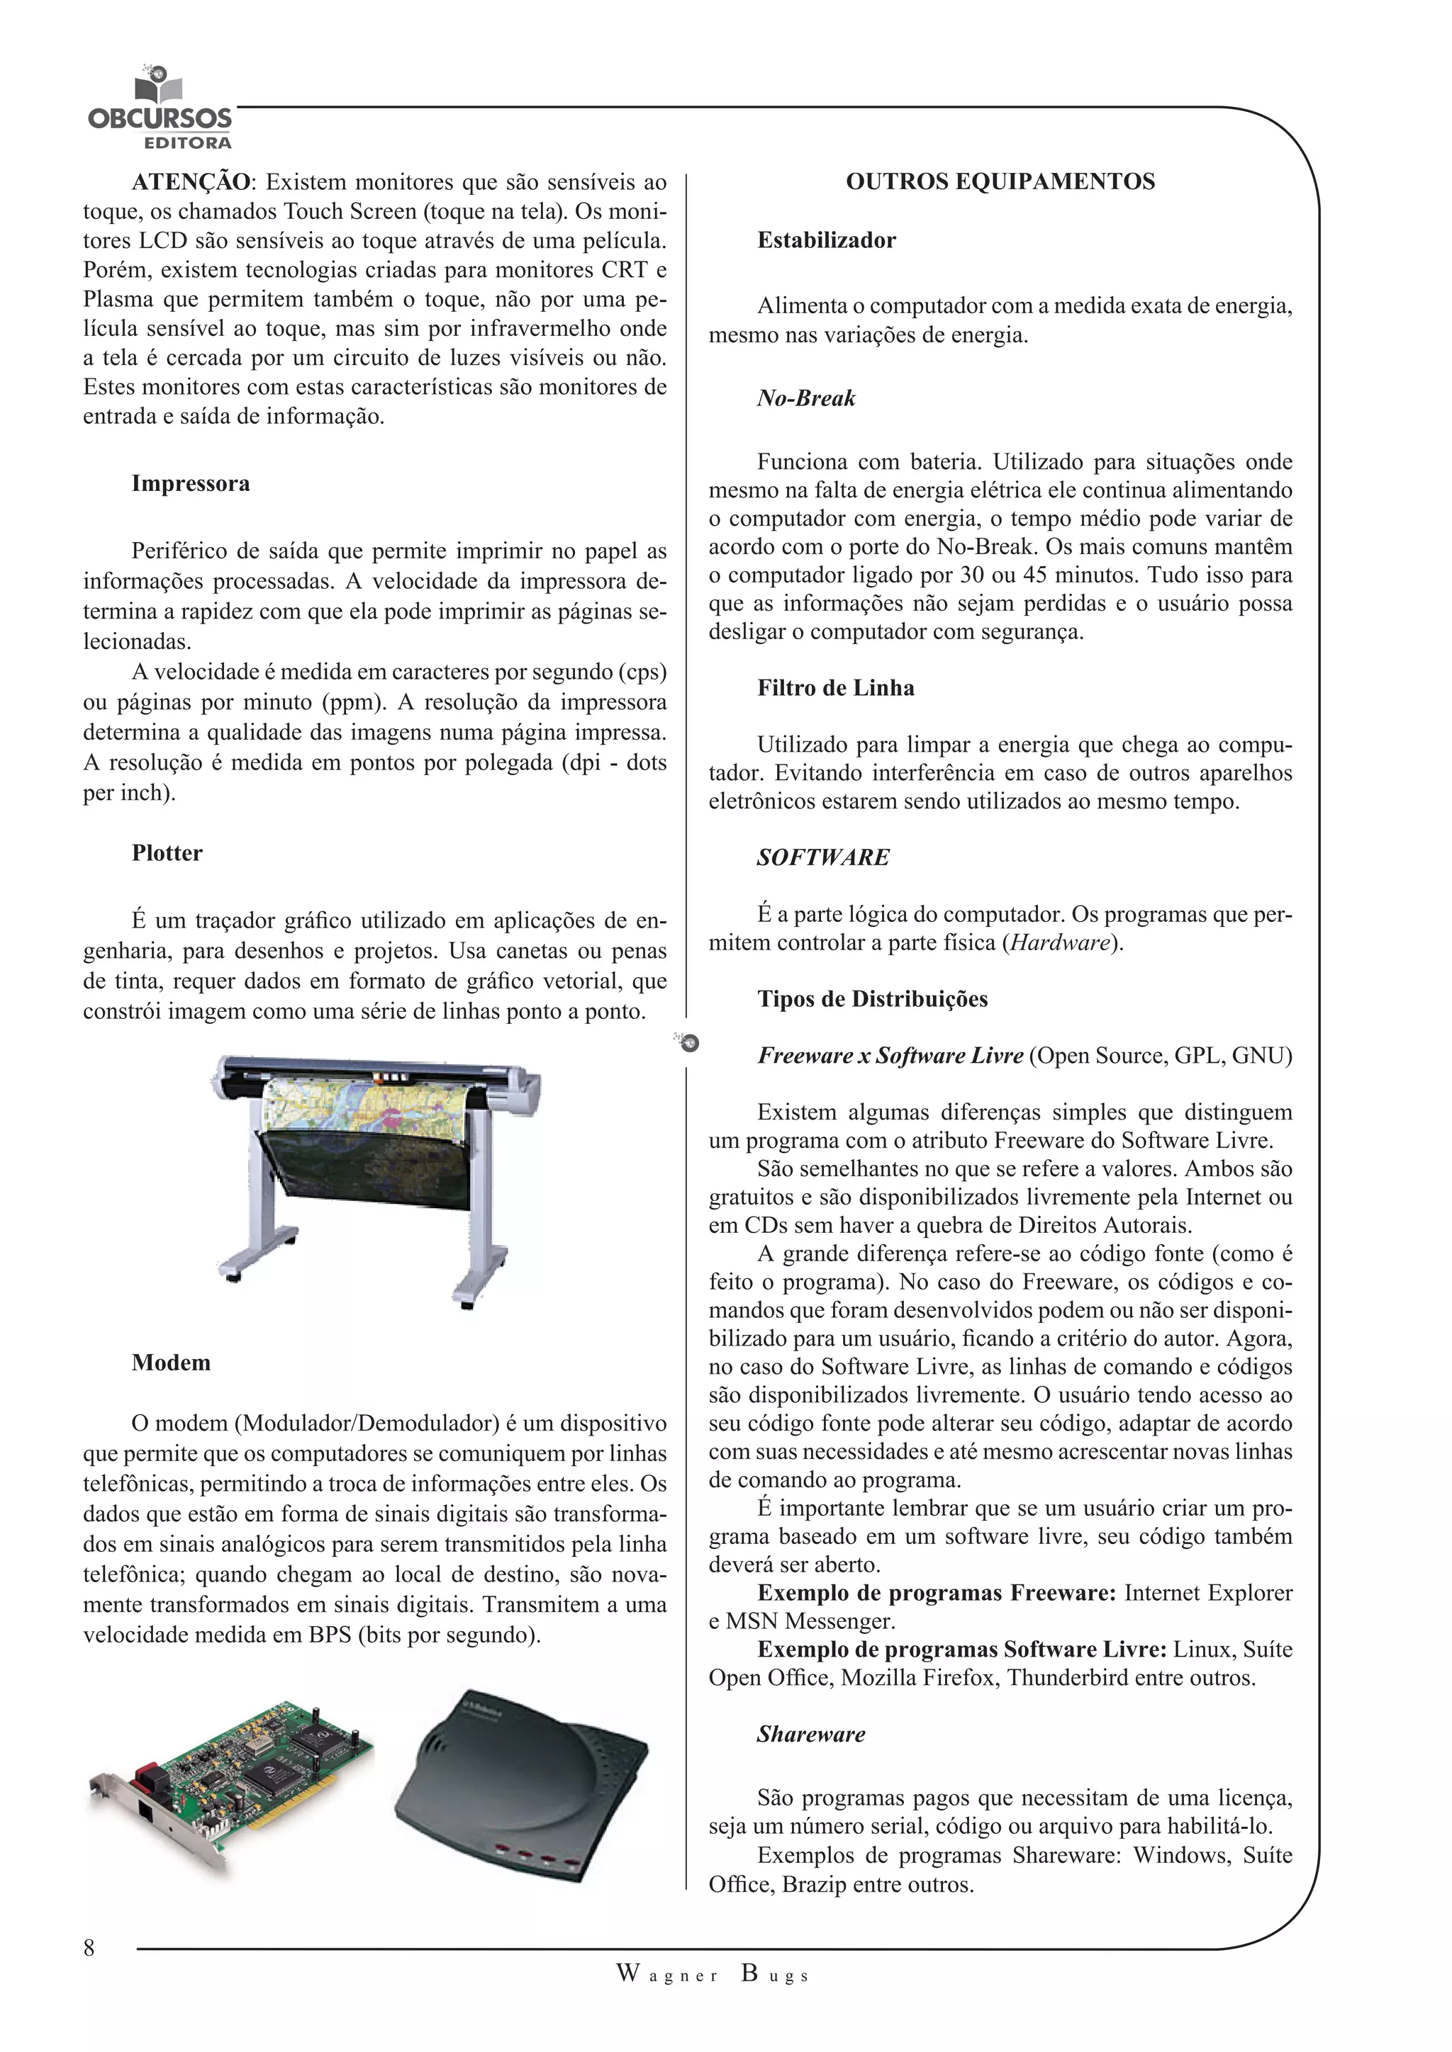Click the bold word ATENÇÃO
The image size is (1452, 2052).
pos(191,182)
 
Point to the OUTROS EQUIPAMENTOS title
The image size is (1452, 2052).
pos(1000,181)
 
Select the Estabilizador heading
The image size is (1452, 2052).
pos(825,239)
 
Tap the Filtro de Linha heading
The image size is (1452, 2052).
pos(835,687)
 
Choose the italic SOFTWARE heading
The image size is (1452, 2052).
pos(822,857)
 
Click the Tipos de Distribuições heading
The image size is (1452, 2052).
pos(872,998)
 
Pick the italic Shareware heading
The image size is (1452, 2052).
pos(810,1734)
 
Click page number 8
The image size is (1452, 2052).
pos(89,1947)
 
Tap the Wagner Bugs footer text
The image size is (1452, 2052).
pos(713,1975)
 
